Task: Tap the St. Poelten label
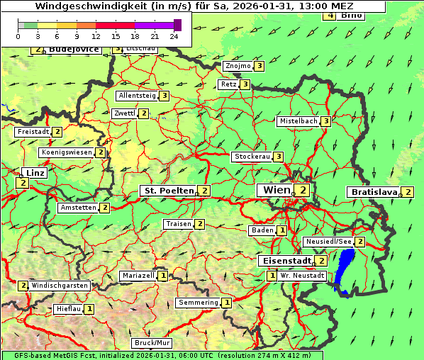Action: tap(168, 191)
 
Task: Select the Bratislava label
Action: tap(373, 192)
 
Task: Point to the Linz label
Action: tap(34, 173)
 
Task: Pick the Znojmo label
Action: tap(238, 66)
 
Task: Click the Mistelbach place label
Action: tap(298, 121)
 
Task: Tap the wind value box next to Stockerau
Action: tap(279, 157)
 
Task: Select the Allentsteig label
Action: tap(138, 96)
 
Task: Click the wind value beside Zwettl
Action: tap(143, 113)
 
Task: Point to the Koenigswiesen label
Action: tap(67, 152)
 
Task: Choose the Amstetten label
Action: tap(78, 208)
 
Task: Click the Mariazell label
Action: tap(138, 276)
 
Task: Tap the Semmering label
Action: tap(199, 303)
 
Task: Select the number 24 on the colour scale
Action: tap(174, 35)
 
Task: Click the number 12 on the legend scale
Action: tap(96, 35)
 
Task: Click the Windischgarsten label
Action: tap(60, 286)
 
